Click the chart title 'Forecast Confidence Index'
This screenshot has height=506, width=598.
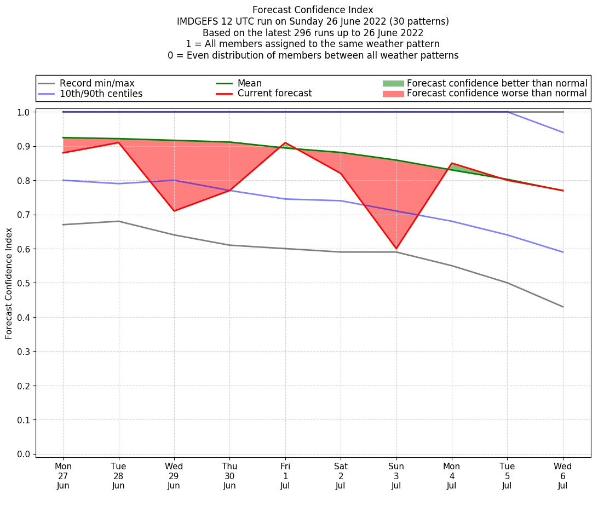[313, 10]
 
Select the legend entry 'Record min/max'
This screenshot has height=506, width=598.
[97, 83]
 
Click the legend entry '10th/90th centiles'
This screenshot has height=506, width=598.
[101, 94]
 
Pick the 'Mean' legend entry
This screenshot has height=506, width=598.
[249, 83]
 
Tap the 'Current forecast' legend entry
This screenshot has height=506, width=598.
[274, 94]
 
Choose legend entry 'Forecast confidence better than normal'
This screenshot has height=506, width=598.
[497, 83]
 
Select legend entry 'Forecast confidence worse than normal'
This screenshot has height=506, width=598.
[497, 94]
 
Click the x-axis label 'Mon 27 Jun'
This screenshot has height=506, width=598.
[63, 476]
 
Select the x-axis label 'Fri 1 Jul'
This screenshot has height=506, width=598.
[285, 476]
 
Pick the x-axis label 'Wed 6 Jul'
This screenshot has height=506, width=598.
[562, 476]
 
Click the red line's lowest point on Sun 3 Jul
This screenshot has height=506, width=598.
[396, 249]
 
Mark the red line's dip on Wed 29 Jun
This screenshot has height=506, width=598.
[174, 211]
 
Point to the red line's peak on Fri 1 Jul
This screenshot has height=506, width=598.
[285, 143]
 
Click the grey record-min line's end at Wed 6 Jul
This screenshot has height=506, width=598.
[562, 307]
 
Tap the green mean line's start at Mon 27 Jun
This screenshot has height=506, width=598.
[64, 137]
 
